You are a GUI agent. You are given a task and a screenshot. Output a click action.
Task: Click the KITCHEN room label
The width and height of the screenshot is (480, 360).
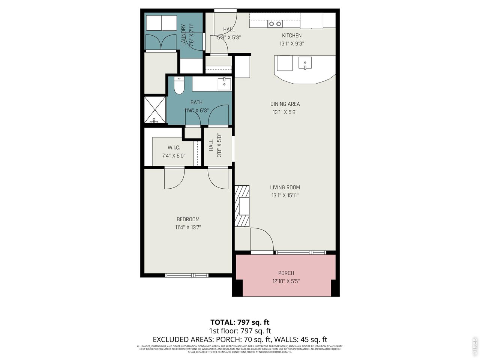(x=291, y=36)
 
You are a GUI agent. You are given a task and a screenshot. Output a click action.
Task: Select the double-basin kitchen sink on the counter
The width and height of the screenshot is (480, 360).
(x=275, y=24)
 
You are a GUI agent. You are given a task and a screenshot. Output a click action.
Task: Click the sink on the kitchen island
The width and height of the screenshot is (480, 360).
(x=305, y=63)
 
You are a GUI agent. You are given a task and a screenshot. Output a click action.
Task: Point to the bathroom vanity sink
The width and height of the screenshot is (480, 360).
(x=224, y=84)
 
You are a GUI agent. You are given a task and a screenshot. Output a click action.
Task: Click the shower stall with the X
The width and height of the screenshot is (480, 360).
(x=155, y=109)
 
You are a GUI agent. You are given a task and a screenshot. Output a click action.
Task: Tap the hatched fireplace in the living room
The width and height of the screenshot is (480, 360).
(x=242, y=206)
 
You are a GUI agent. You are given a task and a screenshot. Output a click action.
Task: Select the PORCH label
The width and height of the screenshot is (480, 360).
(x=286, y=273)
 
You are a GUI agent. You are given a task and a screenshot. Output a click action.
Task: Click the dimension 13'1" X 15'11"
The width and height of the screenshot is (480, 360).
(x=285, y=195)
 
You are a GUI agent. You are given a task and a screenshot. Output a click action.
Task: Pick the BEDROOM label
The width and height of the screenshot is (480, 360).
(x=188, y=219)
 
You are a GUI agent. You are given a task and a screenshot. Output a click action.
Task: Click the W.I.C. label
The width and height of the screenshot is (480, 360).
(x=174, y=148)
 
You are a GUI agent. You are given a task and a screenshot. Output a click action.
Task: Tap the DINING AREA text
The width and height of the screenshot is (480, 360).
(x=285, y=104)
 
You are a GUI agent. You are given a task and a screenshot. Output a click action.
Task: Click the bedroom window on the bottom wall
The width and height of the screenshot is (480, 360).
(x=186, y=276)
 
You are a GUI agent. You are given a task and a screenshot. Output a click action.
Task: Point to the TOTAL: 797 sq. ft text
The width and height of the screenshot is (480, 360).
(x=240, y=322)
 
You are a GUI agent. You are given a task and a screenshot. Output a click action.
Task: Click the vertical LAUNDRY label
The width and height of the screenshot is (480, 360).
(x=184, y=35)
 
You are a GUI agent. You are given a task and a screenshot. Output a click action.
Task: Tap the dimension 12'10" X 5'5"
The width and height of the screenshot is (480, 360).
(x=286, y=281)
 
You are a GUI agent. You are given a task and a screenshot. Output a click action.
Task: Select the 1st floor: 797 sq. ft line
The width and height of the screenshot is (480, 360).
(x=240, y=331)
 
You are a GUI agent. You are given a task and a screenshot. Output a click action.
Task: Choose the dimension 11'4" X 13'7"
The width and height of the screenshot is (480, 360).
(x=188, y=227)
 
